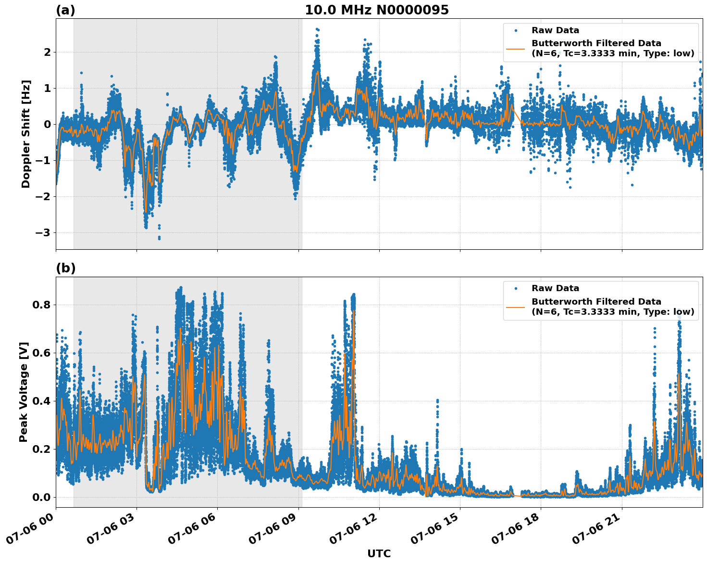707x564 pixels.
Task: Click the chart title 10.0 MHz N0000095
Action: tap(376, 10)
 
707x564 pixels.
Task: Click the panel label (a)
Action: tap(65, 10)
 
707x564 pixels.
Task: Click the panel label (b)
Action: tap(65, 269)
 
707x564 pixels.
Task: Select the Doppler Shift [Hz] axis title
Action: tap(26, 134)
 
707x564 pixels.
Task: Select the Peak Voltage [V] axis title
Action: tap(24, 392)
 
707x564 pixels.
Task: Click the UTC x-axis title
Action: tap(379, 553)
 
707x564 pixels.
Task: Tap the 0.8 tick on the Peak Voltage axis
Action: tap(42, 305)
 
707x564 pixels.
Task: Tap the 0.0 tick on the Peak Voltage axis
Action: tap(42, 497)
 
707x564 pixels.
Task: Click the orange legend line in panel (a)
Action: tap(516, 49)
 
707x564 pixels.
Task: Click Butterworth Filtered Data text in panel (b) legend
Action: tap(596, 302)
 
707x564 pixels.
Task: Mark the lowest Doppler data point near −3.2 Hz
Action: tap(159, 238)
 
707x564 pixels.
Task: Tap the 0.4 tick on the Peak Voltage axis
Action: tap(42, 401)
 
